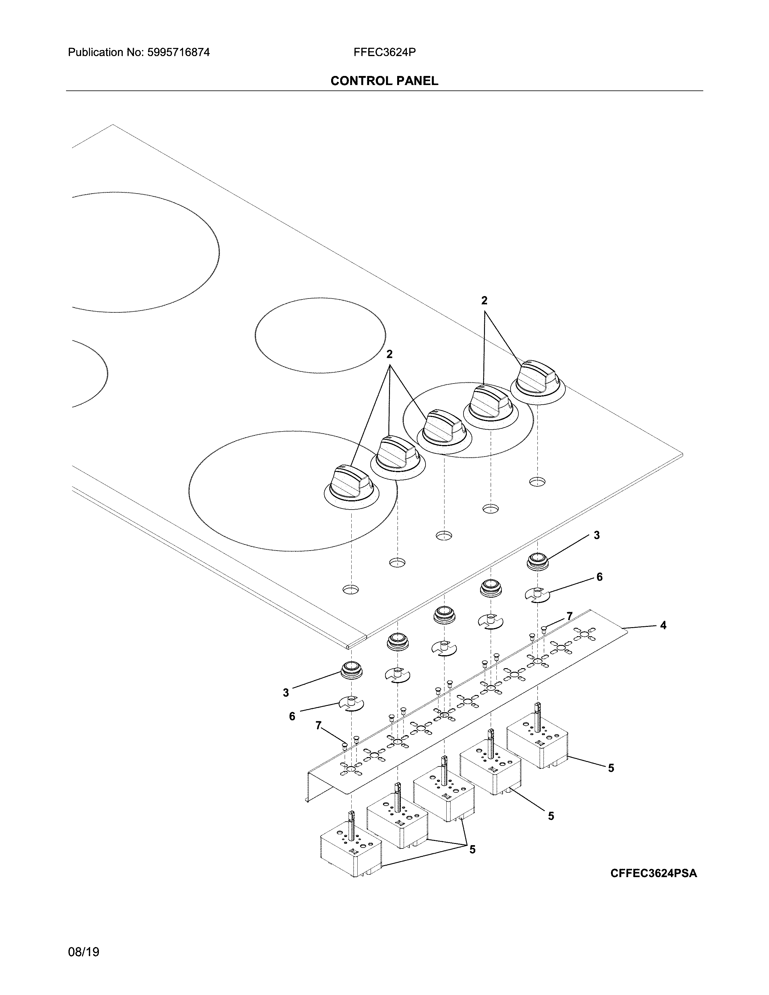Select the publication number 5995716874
click(178, 52)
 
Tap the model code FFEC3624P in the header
click(384, 52)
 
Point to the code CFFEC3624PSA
click(653, 873)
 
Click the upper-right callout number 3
click(596, 535)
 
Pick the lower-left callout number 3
click(286, 693)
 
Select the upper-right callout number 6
click(599, 577)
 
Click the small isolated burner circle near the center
click(320, 335)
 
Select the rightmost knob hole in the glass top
click(537, 482)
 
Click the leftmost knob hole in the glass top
click(350, 589)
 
